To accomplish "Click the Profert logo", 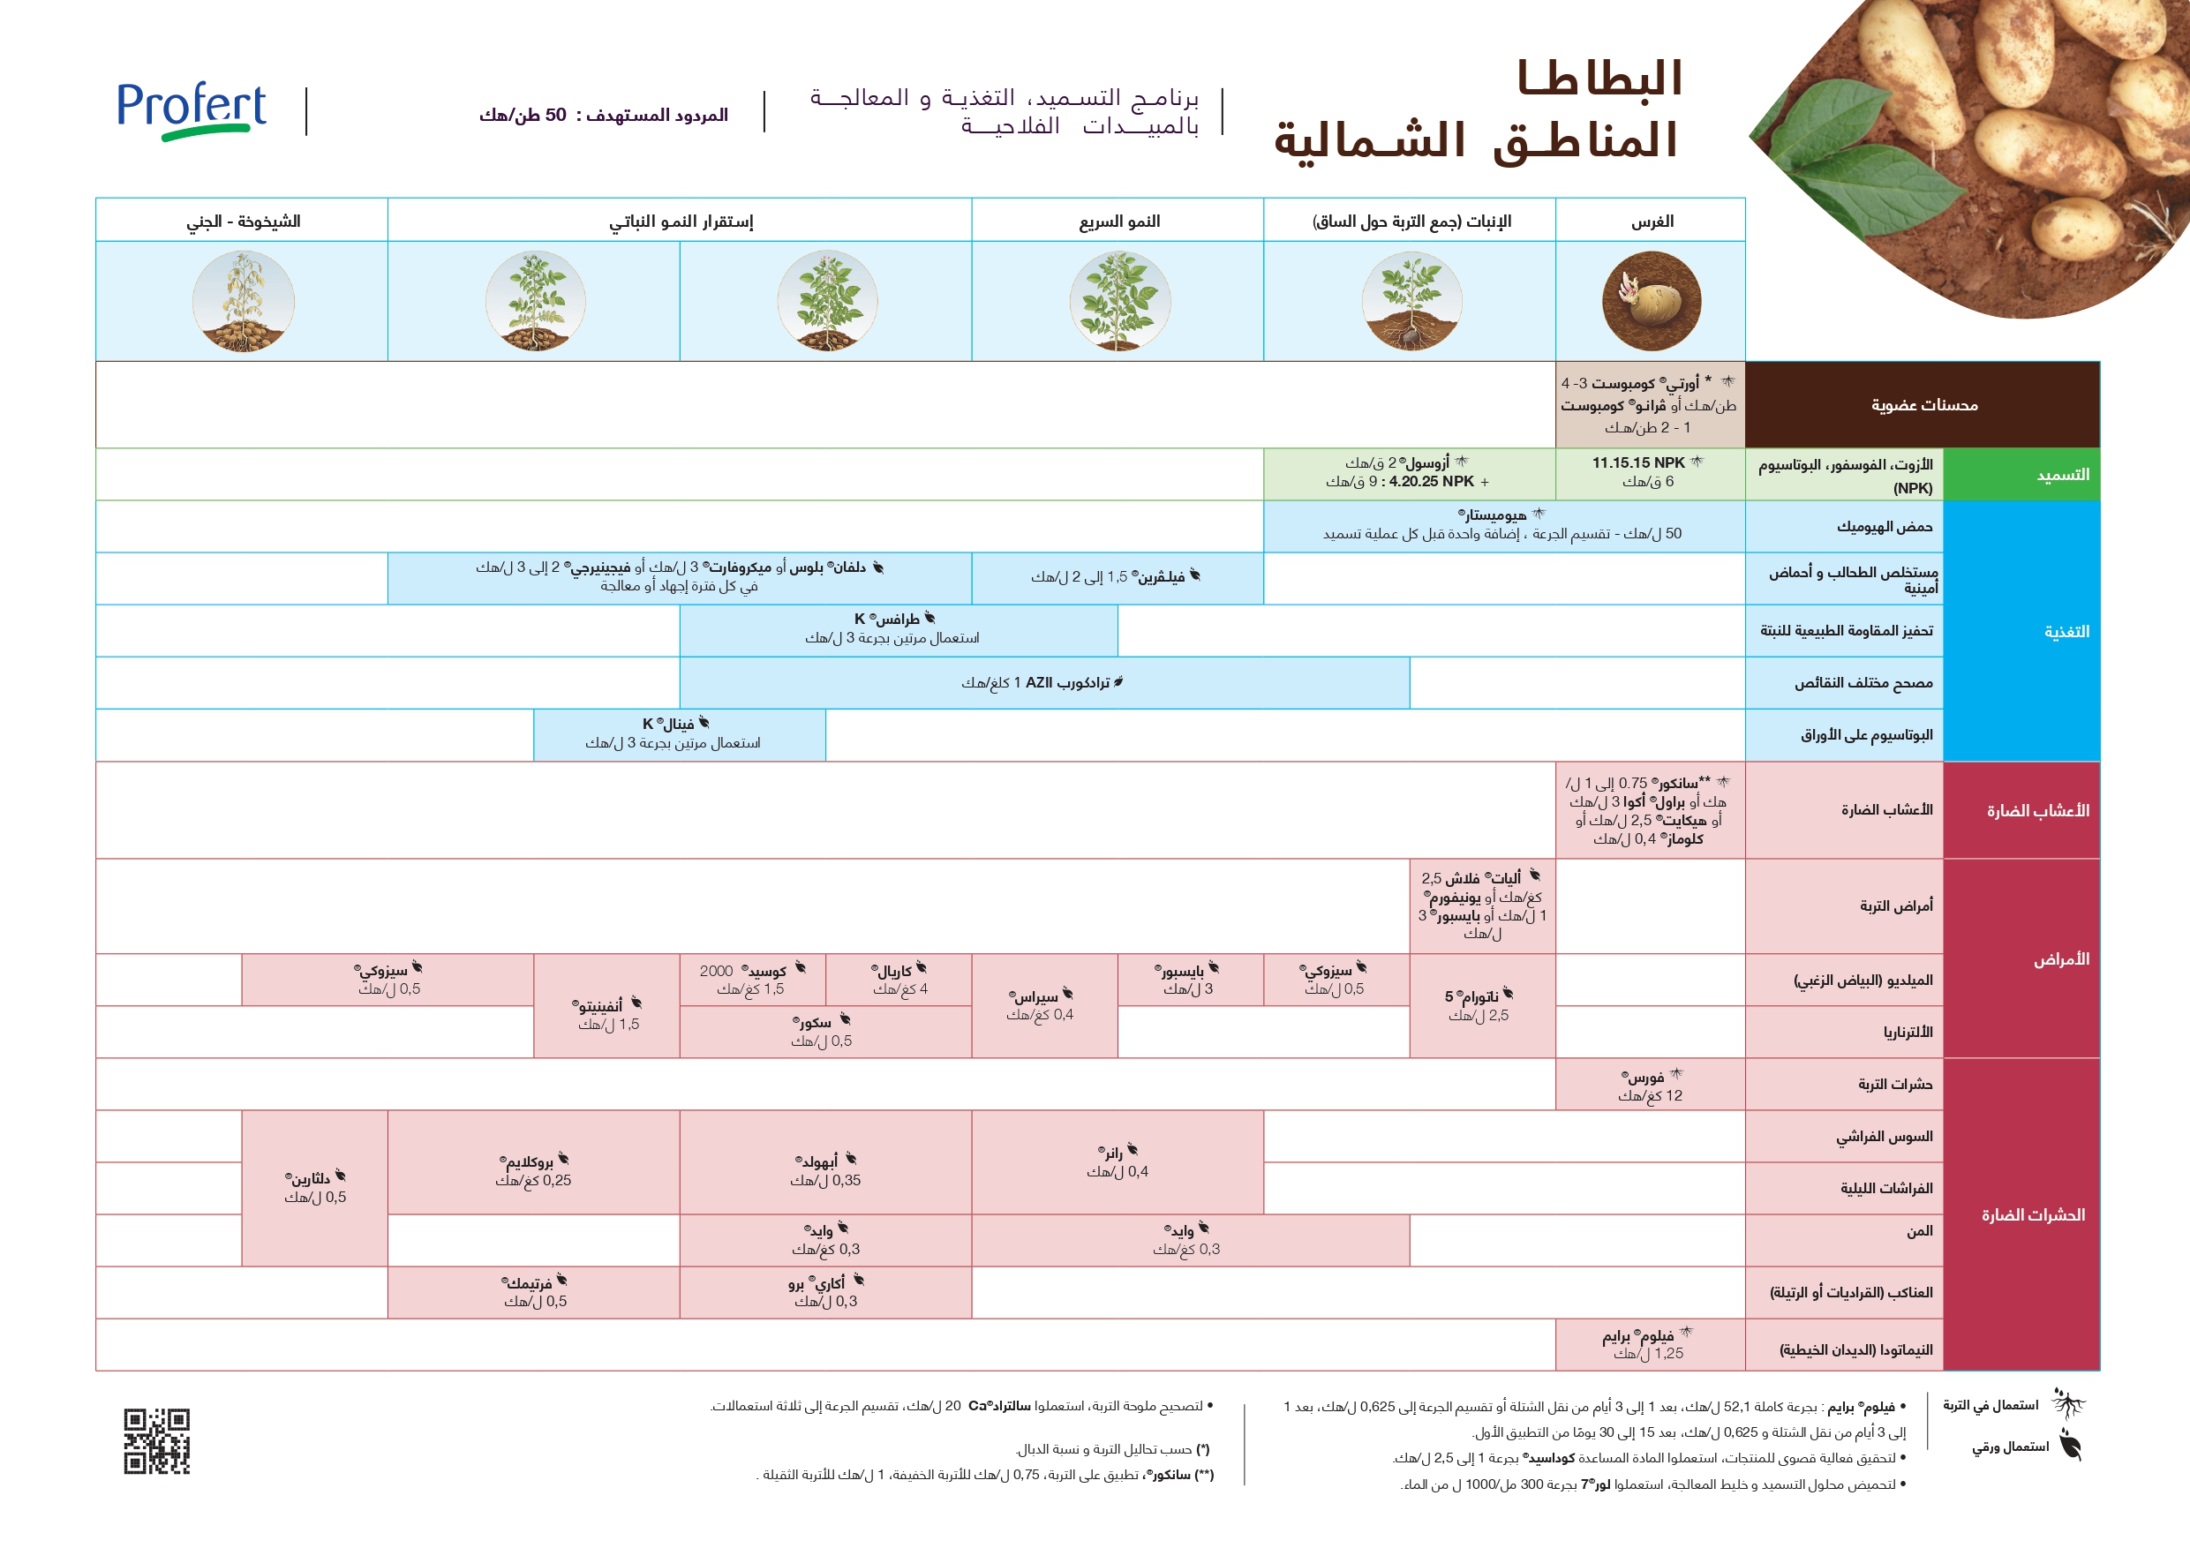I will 191,110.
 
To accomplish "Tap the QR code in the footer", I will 156,1440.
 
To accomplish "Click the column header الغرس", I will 1651,222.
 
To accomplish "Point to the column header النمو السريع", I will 1119,222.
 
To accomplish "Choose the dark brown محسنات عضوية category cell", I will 1923,405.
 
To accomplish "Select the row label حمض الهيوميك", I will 1884,527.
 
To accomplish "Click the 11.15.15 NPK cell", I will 1649,472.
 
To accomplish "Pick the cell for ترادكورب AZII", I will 1043,683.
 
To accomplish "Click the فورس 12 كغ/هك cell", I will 1650,1086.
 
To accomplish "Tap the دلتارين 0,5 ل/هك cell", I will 315,1187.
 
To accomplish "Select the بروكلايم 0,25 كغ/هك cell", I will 533,1170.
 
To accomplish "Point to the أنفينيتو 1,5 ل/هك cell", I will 606,1014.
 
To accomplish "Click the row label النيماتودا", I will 1855,1349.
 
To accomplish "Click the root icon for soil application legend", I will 2067,1405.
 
